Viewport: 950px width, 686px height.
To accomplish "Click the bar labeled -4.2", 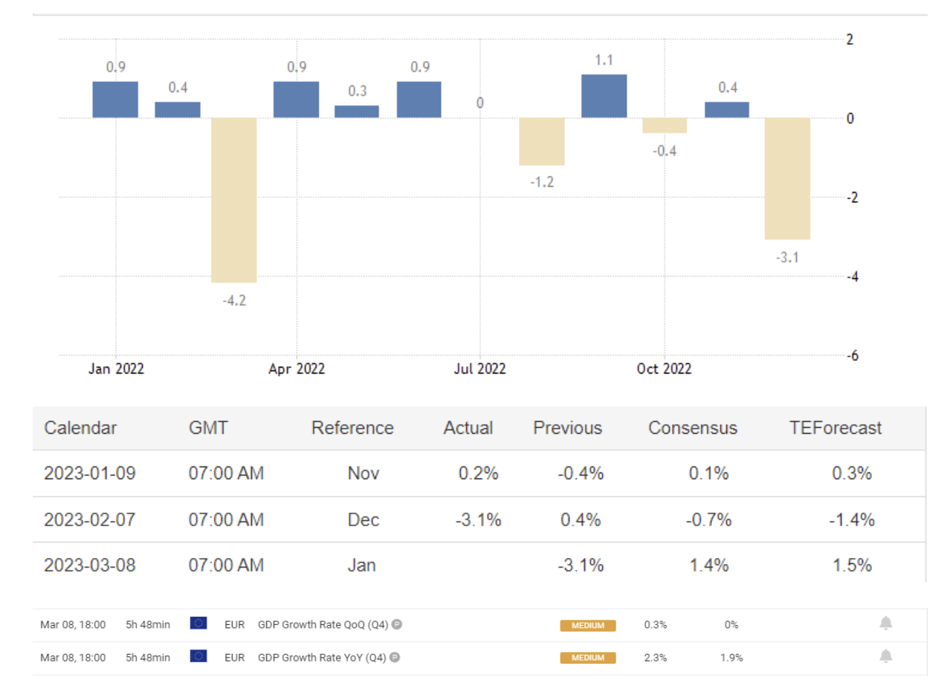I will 234,199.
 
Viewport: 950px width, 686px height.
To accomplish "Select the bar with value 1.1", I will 604,96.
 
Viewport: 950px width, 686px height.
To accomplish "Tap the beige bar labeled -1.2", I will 542,141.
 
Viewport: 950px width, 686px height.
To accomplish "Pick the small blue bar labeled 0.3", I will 357,112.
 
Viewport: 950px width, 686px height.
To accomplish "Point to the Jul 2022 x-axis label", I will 479,369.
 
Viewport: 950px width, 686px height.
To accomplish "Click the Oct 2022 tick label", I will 664,369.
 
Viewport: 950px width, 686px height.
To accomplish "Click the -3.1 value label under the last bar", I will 787,257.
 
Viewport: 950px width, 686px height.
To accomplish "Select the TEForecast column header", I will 836,428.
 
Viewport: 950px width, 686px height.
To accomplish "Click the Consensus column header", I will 692,428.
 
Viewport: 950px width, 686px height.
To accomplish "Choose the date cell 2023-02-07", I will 90,519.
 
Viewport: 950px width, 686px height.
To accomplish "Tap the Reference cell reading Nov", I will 363,473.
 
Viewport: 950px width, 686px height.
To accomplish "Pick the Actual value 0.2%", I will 478,473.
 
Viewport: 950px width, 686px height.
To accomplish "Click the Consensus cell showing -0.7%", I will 708,519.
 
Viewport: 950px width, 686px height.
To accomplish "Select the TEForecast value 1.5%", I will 852,565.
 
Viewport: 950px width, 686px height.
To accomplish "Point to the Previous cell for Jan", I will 581,565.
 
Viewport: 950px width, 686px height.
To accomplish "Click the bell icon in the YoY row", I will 885,656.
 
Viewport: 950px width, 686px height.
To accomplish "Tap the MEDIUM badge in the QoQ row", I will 588,626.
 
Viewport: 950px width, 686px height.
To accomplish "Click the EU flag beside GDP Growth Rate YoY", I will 198,657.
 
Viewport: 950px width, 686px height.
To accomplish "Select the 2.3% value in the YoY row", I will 656,658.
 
